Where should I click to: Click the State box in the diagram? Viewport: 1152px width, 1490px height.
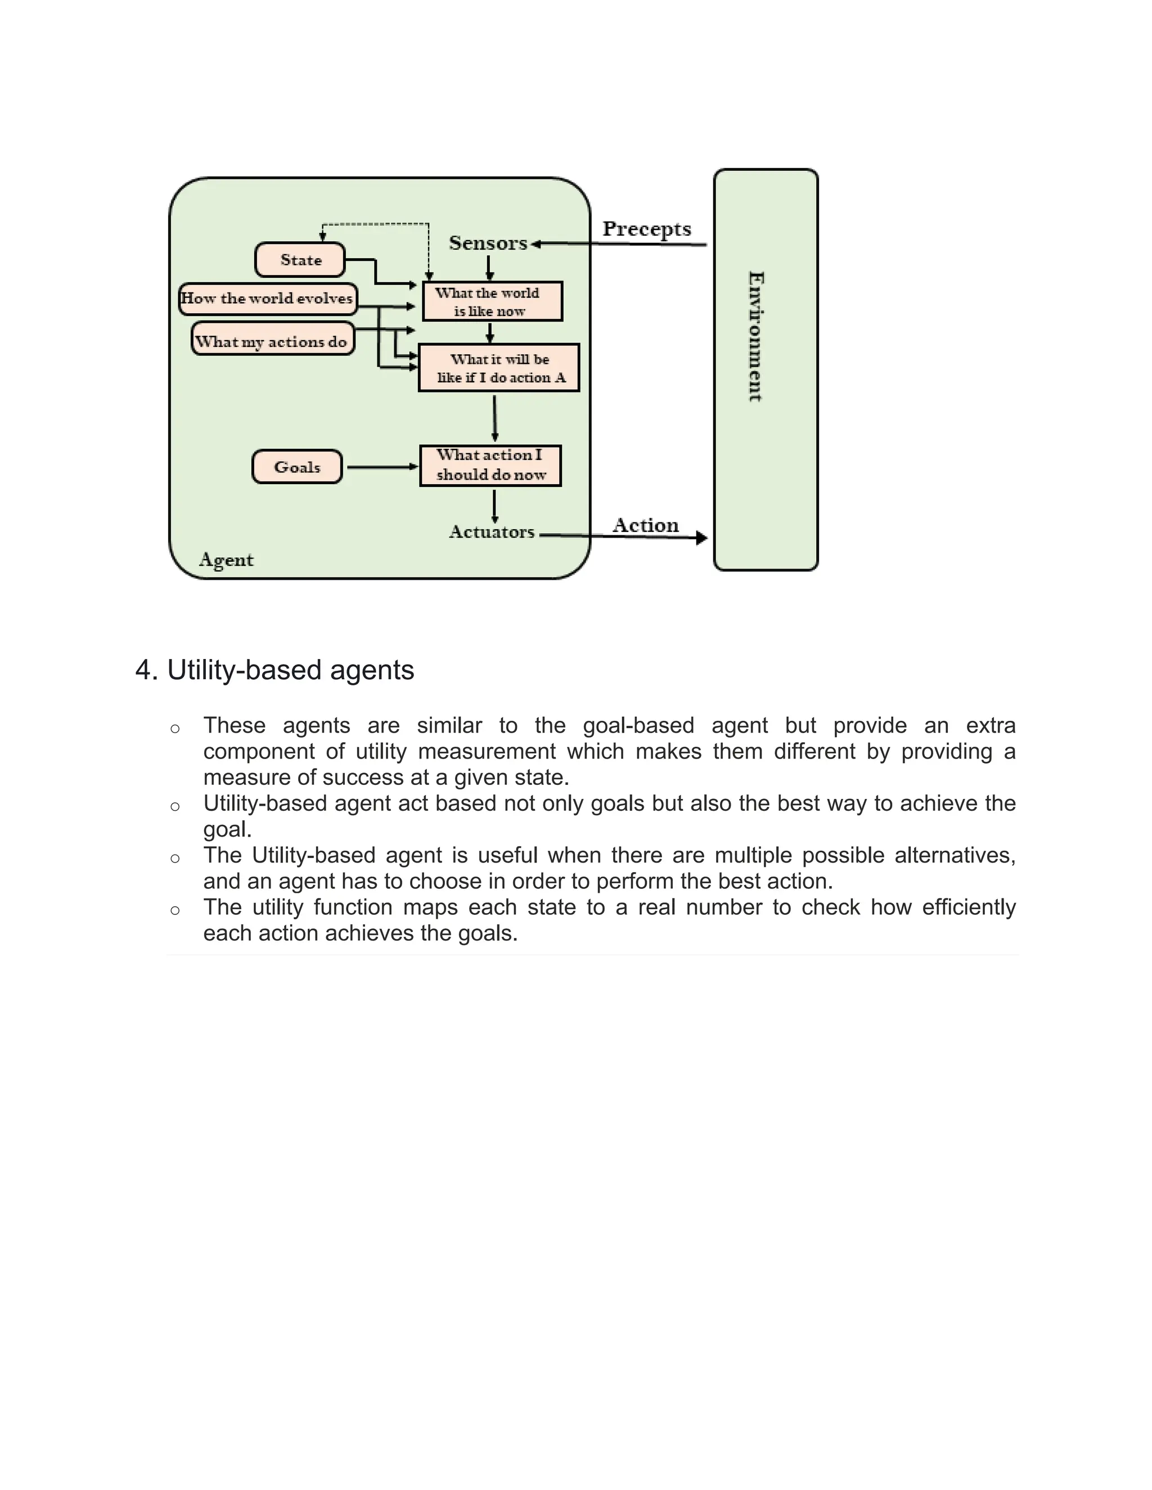pos(300,260)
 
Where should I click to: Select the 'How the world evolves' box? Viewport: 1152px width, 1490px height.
pos(268,299)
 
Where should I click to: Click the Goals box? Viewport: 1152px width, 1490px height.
pos(297,467)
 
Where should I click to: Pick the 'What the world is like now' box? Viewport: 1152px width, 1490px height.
pos(492,301)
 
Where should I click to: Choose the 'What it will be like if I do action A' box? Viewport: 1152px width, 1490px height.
pos(499,368)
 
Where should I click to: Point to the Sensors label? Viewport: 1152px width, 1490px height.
pos(488,243)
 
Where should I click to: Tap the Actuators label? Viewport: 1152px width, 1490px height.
pos(492,532)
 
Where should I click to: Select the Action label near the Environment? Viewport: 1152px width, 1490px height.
pos(646,525)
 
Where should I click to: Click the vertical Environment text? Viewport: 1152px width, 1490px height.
pos(755,336)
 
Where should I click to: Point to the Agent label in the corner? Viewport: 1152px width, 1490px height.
pos(226,560)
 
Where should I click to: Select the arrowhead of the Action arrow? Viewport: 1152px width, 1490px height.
pos(701,538)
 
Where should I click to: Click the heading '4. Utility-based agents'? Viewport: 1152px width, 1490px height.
pos(274,670)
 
